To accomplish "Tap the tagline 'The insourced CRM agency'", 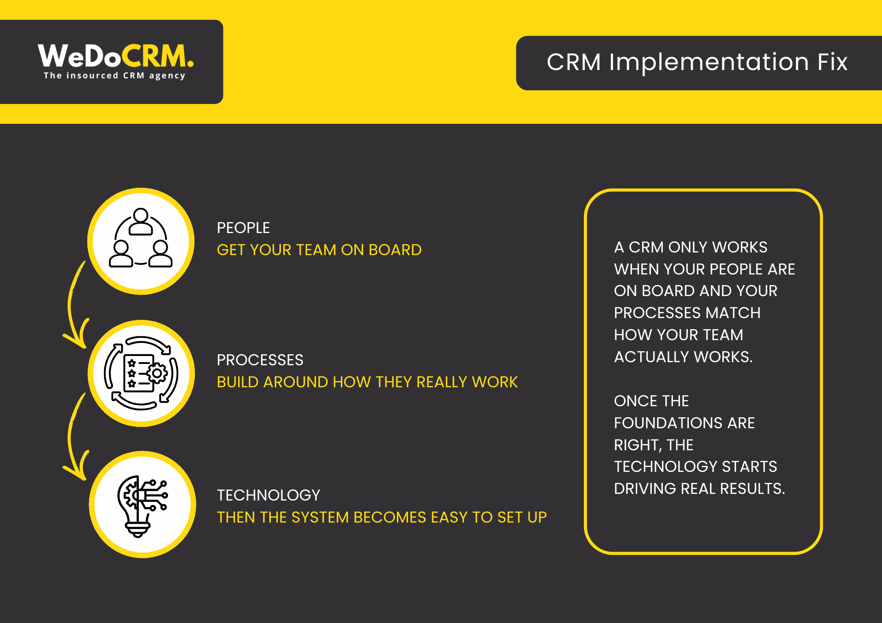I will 114,76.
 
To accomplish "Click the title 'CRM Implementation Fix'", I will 697,62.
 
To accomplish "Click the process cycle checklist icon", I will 141,373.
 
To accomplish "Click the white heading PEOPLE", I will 243,228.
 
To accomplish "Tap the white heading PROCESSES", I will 260,360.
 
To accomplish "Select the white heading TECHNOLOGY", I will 268,495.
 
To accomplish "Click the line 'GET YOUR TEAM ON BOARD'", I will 319,250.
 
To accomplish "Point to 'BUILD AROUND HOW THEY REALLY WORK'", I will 367,382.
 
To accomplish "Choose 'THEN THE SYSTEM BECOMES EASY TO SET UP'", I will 381,517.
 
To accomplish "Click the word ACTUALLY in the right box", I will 652,357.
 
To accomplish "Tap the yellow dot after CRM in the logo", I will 190,64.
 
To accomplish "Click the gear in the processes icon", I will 157,374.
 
